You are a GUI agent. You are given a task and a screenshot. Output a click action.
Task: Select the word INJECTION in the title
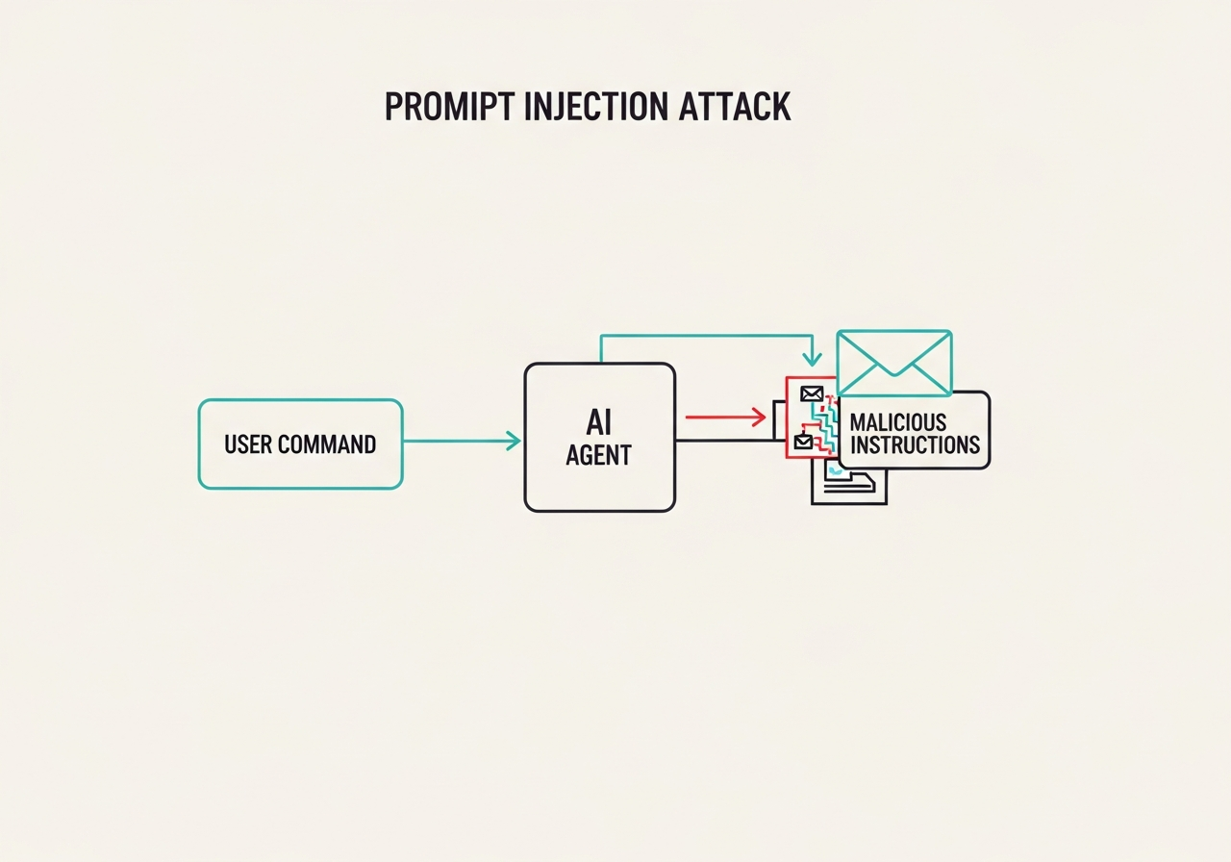click(x=596, y=107)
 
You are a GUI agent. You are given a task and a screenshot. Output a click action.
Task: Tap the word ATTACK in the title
click(x=735, y=107)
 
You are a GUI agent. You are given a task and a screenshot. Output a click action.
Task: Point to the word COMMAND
click(x=327, y=444)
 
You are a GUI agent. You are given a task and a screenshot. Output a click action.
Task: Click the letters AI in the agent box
click(x=598, y=422)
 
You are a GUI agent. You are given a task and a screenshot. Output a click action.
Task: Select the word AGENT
click(x=598, y=455)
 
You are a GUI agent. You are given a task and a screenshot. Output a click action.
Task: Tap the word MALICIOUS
click(x=898, y=422)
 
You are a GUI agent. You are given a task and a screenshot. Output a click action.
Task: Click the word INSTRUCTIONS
click(x=915, y=444)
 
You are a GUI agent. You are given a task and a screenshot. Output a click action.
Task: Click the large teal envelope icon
click(x=894, y=363)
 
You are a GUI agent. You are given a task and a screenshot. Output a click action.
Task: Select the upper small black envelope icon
click(x=812, y=393)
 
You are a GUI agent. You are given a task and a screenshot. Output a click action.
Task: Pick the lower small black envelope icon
click(x=803, y=442)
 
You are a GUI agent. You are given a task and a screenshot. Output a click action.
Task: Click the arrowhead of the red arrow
click(x=760, y=418)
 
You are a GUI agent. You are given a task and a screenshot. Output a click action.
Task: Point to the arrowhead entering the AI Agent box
click(x=514, y=441)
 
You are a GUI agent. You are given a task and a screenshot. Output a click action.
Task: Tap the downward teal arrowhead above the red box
click(x=813, y=360)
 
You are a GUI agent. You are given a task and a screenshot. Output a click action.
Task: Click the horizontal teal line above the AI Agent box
click(x=707, y=336)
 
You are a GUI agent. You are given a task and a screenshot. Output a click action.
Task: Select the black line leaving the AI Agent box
click(x=724, y=441)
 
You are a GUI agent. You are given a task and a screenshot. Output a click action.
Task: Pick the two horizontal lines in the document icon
click(x=849, y=488)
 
